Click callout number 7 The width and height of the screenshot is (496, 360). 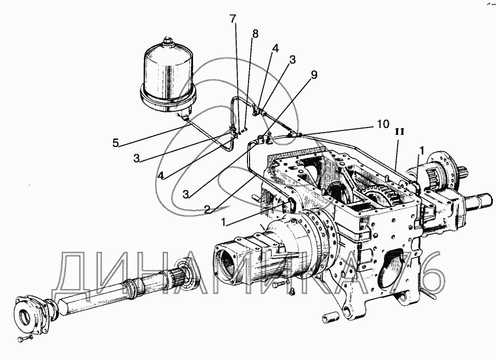(x=233, y=20)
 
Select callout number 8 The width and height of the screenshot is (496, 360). (x=255, y=33)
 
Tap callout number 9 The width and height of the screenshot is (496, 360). (x=314, y=75)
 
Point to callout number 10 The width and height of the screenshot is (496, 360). (x=382, y=124)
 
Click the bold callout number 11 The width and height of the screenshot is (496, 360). (x=400, y=132)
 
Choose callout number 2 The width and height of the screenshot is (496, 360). (x=207, y=209)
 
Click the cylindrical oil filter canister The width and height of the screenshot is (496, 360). (x=168, y=77)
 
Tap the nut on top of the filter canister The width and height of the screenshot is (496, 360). (x=168, y=41)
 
